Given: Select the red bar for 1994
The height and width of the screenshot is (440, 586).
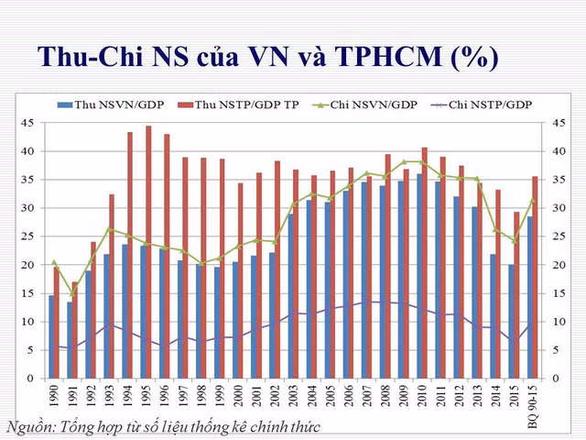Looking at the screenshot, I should coord(130,256).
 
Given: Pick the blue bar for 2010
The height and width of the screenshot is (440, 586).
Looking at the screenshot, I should coord(419,276).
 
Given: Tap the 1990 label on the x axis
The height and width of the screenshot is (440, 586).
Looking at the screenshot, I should coord(53,395).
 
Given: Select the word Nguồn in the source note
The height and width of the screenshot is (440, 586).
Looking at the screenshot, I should coord(27,426).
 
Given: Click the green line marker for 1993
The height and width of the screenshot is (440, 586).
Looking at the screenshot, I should coord(110,229).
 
